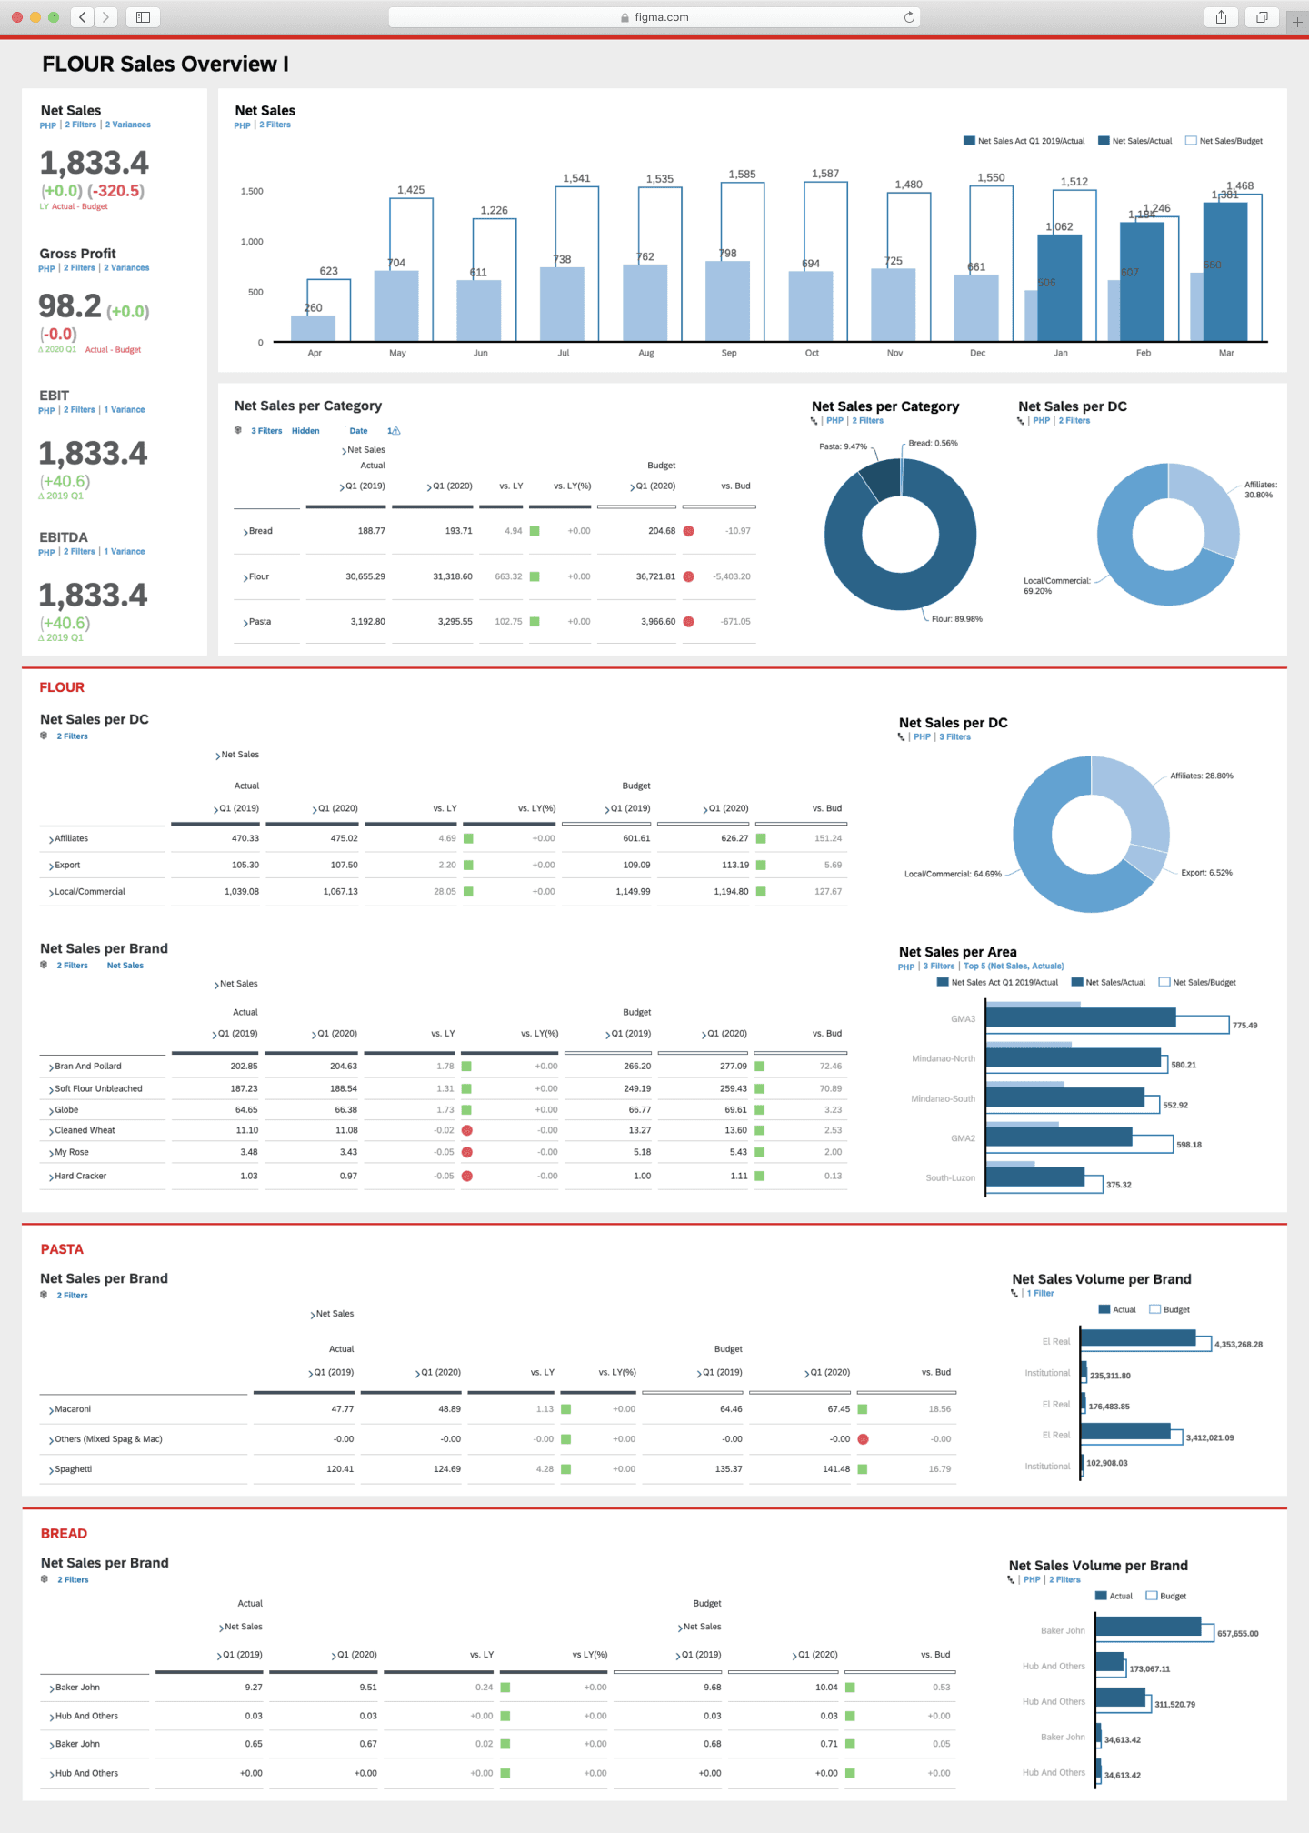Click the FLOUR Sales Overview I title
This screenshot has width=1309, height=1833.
(165, 65)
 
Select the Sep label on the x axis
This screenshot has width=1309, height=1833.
(729, 353)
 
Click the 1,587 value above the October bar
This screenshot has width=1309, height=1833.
(825, 174)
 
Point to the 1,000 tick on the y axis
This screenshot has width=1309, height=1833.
(252, 242)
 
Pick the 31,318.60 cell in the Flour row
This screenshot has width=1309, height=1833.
(452, 576)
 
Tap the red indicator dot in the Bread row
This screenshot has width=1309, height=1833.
(688, 531)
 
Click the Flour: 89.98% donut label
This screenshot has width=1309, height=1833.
(956, 619)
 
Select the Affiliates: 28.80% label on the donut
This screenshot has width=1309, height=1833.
(1201, 776)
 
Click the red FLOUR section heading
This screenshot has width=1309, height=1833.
(62, 687)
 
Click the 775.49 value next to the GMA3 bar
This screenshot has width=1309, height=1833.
(1244, 1026)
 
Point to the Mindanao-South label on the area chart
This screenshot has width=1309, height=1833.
(943, 1099)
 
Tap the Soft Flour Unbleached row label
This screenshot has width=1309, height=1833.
(98, 1088)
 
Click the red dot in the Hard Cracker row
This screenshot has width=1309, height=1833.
(467, 1176)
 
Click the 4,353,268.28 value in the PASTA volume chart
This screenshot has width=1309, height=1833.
(1238, 1345)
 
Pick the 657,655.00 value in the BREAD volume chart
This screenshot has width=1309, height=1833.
(1237, 1634)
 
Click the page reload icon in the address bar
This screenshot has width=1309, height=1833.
(909, 17)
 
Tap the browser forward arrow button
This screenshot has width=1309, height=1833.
(106, 16)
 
